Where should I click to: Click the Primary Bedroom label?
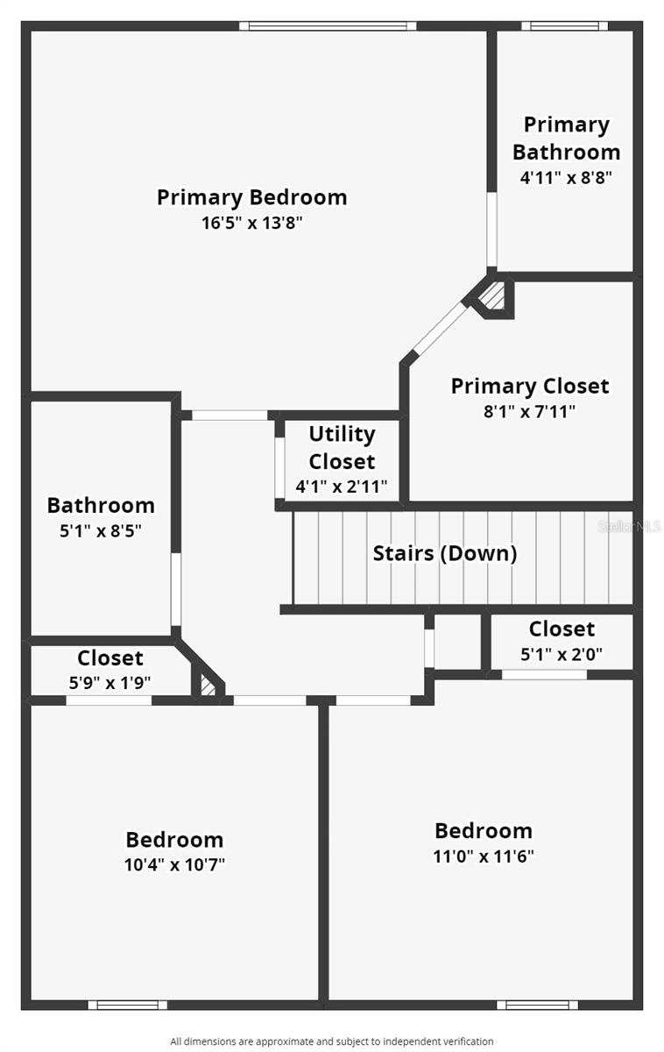click(251, 197)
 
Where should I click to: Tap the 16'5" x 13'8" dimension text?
click(251, 223)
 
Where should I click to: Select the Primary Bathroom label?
click(566, 139)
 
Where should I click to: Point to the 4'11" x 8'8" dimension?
click(566, 177)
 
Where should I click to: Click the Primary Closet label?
click(529, 386)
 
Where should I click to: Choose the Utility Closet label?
click(342, 447)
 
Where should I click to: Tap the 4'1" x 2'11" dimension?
click(342, 487)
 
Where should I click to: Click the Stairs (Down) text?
click(444, 554)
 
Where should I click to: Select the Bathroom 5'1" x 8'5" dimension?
click(100, 530)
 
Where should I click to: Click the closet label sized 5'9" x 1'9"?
click(109, 657)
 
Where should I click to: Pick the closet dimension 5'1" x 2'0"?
click(562, 653)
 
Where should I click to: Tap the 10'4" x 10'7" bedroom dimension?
click(174, 864)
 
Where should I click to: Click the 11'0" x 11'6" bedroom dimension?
click(484, 856)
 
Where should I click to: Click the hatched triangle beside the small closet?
click(208, 686)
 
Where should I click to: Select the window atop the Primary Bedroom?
click(328, 26)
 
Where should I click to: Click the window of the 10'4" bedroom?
click(127, 1005)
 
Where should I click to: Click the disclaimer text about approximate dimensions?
click(331, 1041)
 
